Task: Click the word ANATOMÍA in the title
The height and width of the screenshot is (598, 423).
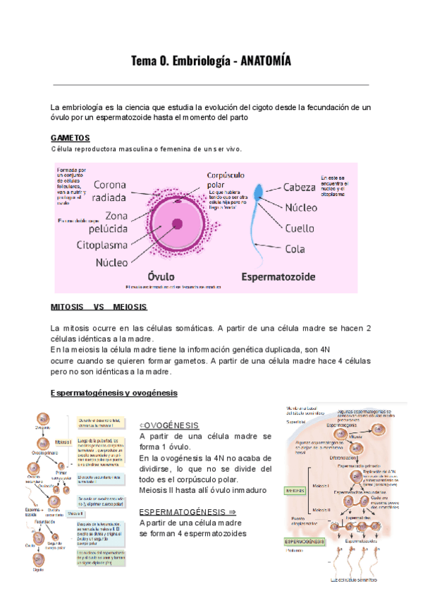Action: point(266,62)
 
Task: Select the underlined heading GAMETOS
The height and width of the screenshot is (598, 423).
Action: point(70,138)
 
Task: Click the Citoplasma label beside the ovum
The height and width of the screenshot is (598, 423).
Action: point(102,245)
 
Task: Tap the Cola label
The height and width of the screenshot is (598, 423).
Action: point(295,248)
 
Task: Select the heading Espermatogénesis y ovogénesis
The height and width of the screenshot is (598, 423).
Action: point(114,392)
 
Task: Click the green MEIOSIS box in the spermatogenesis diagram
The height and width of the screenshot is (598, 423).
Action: point(294,490)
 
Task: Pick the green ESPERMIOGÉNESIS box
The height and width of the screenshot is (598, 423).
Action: point(304,541)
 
